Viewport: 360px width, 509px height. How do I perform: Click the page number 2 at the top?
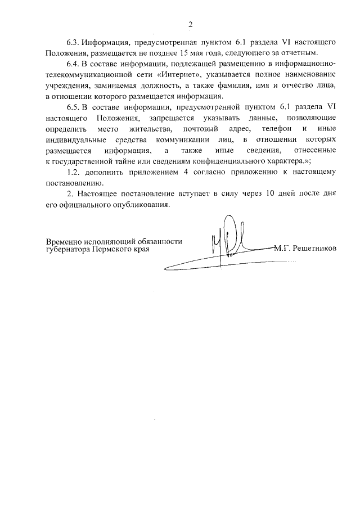click(190, 24)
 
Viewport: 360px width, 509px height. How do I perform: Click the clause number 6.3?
click(74, 43)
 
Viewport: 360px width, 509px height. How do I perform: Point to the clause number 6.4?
click(74, 64)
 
